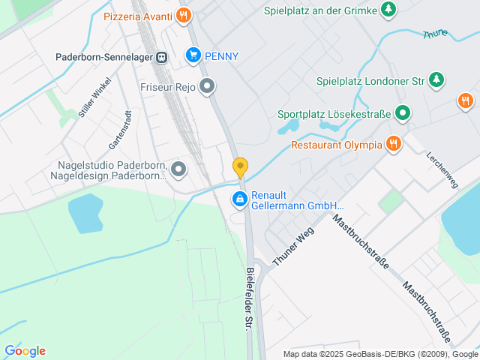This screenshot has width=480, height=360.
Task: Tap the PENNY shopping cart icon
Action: pyautogui.click(x=193, y=55)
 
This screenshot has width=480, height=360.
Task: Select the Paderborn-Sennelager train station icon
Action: pyautogui.click(x=161, y=57)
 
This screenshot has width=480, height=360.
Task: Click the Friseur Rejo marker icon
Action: pyautogui.click(x=208, y=87)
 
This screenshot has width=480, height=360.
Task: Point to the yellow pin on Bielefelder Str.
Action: pyautogui.click(x=240, y=166)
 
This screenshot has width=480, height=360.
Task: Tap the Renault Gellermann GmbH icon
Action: pyautogui.click(x=239, y=199)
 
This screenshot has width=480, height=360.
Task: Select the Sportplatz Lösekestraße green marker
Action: pyautogui.click(x=403, y=114)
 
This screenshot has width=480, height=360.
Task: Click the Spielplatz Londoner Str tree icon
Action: pyautogui.click(x=436, y=79)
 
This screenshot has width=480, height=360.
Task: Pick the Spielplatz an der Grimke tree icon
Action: pyautogui.click(x=388, y=10)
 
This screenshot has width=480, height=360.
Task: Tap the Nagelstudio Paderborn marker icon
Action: pyautogui.click(x=178, y=170)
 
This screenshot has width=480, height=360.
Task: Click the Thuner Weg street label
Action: pyautogui.click(x=293, y=244)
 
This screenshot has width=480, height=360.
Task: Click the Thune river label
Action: pyautogui.click(x=435, y=35)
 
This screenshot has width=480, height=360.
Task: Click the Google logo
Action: pyautogui.click(x=25, y=351)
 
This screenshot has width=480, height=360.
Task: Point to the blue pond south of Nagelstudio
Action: pyautogui.click(x=85, y=213)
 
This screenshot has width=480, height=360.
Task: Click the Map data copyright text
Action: pyautogui.click(x=380, y=354)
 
